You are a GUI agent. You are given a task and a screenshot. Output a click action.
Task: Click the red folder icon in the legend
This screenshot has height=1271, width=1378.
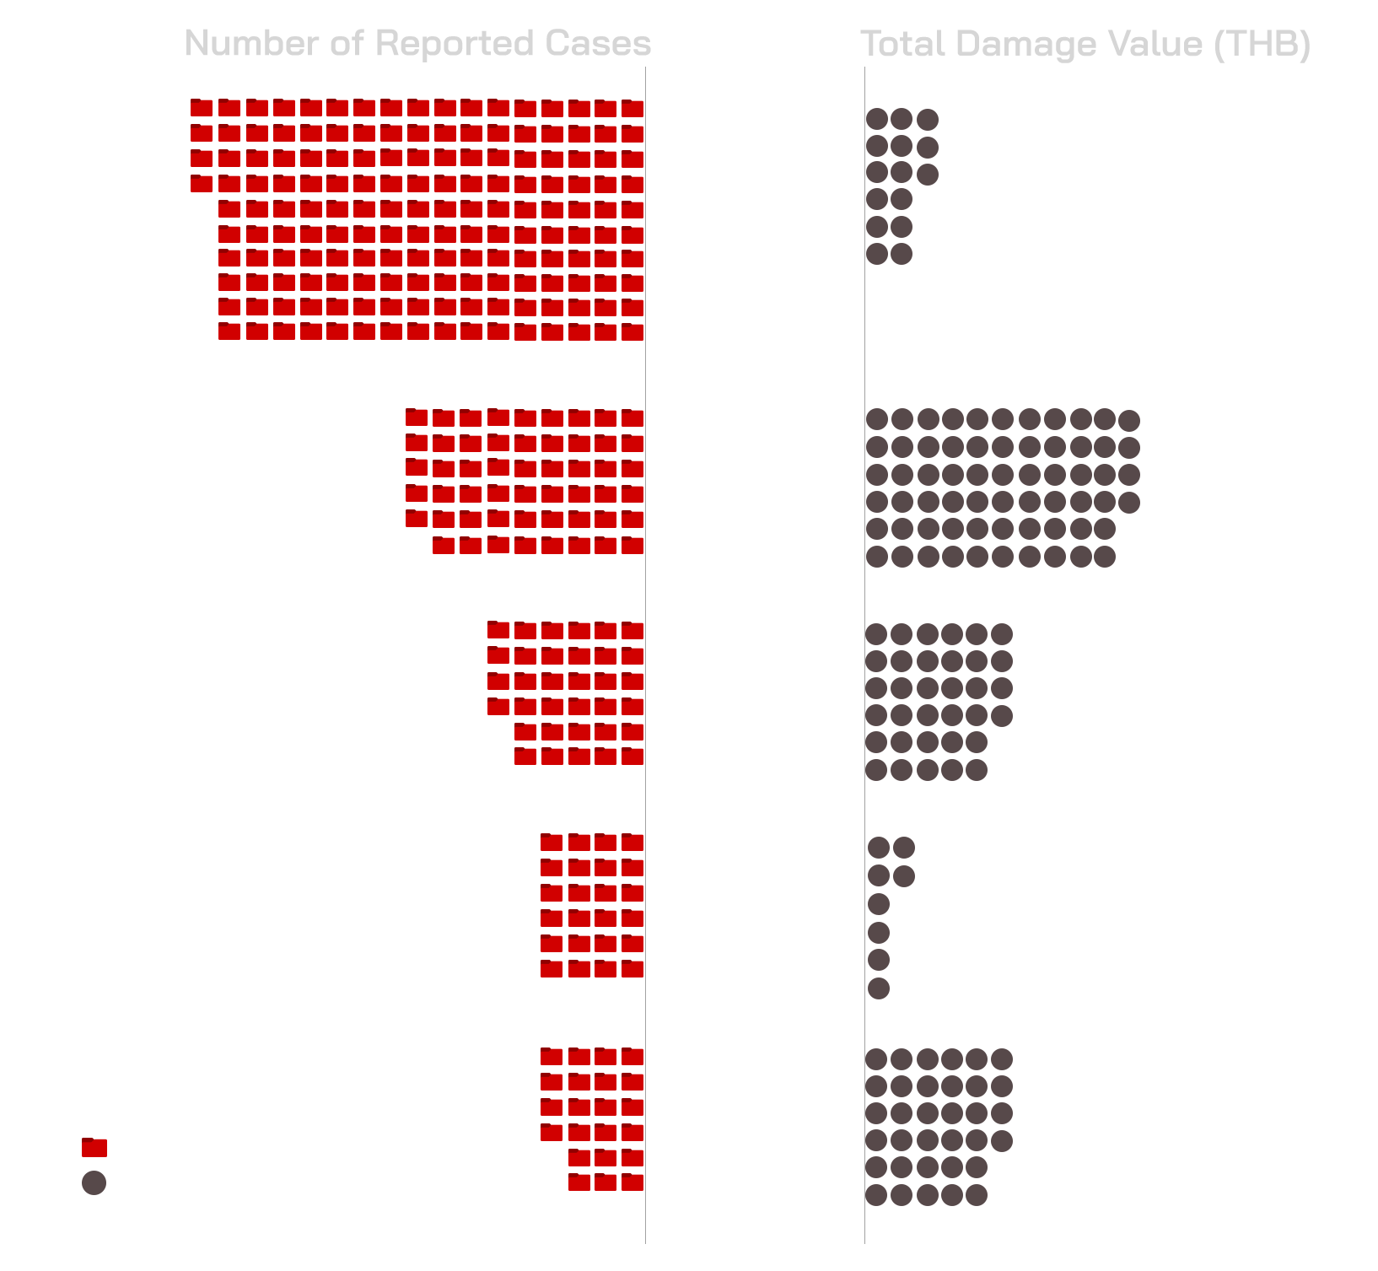(x=94, y=1147)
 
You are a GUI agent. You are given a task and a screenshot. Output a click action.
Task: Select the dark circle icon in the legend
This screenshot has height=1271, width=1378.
(x=94, y=1182)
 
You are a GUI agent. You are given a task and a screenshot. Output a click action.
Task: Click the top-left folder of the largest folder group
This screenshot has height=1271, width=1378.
(x=202, y=107)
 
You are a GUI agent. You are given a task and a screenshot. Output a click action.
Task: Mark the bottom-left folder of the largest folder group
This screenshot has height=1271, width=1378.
(x=229, y=331)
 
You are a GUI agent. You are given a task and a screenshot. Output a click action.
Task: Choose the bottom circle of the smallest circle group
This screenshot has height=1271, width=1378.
(x=879, y=988)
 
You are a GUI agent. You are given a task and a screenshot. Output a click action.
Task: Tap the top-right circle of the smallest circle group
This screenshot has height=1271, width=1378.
(x=904, y=847)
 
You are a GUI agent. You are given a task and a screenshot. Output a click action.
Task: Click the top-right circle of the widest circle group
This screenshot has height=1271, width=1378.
(x=1129, y=419)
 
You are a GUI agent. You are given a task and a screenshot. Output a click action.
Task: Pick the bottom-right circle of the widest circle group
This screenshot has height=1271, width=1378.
(x=1105, y=556)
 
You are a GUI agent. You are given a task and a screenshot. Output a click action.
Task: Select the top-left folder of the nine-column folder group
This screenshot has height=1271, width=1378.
(x=417, y=417)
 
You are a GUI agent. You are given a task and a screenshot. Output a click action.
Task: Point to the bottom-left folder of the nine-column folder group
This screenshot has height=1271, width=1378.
(x=444, y=545)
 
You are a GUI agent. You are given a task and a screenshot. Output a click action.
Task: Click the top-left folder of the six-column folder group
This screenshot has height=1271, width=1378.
(x=498, y=629)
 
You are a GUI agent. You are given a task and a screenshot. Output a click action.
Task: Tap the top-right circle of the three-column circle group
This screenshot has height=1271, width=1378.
(x=928, y=120)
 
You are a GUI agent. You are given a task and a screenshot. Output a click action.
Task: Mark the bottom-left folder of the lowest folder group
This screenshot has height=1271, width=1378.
(x=579, y=1182)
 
